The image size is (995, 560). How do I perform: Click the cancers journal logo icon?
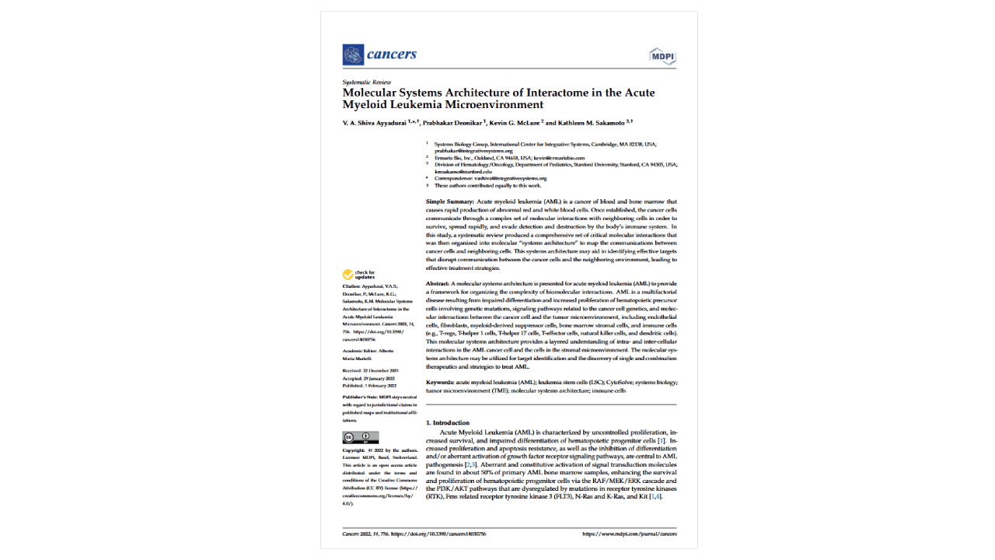point(353,54)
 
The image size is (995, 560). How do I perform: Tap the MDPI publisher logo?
point(662,57)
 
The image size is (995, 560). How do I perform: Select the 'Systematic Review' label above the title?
point(367,82)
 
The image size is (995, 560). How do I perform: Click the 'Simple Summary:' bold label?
point(449,201)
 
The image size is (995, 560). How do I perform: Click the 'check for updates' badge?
point(358,275)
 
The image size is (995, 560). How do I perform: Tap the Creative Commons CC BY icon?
point(361,437)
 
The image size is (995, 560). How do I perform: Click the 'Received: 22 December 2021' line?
point(370,371)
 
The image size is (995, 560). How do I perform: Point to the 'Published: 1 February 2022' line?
point(370,386)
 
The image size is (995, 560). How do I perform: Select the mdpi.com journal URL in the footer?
point(630,534)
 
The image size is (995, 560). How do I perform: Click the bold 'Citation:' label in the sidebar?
point(353,287)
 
